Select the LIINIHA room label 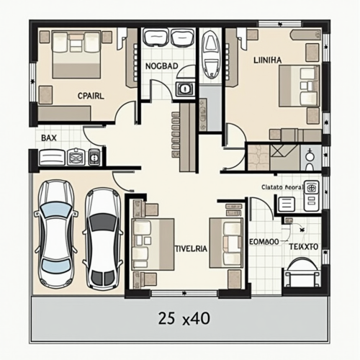[268, 60]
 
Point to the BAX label [49, 137]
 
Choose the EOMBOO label [263, 243]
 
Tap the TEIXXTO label [303, 246]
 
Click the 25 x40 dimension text [180, 317]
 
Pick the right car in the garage [103, 237]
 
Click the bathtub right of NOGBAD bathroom [211, 54]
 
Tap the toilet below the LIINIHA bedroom [309, 156]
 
